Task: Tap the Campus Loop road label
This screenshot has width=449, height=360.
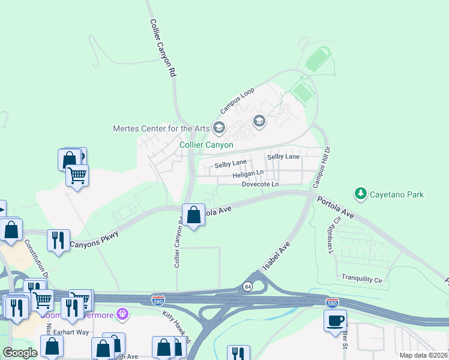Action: [x=237, y=100]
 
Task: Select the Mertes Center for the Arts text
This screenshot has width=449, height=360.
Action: [x=161, y=128]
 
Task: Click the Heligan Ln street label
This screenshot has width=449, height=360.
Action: [x=249, y=174]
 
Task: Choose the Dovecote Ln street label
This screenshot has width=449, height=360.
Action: [x=260, y=184]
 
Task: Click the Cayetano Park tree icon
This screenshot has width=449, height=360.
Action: [x=360, y=194]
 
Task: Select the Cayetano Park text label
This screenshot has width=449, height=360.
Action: [x=397, y=194]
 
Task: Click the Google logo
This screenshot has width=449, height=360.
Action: [x=20, y=353]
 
